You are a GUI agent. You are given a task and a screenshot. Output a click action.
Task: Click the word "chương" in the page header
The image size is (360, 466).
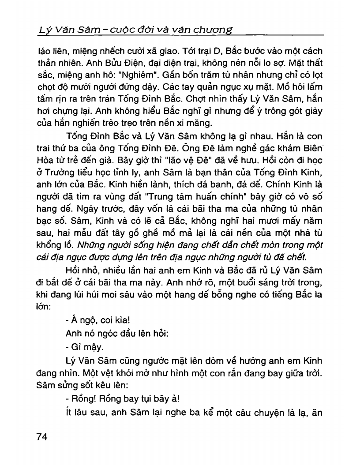(x=216, y=30)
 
